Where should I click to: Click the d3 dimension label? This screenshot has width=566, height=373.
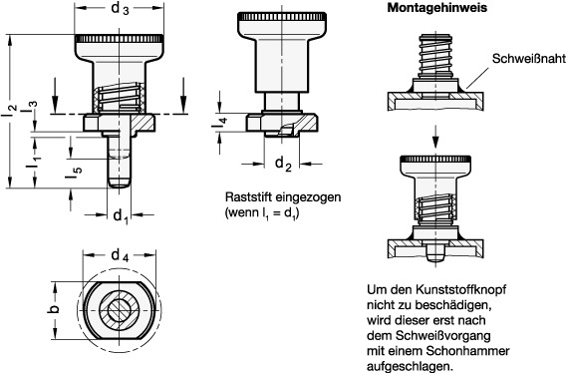[120, 8]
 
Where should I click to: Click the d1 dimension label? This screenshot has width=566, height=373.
[121, 216]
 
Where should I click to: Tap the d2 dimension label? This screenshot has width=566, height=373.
[283, 165]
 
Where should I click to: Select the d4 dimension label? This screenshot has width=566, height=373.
[120, 256]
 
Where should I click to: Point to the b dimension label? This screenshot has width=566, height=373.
[55, 309]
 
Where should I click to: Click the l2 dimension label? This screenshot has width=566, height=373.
[11, 110]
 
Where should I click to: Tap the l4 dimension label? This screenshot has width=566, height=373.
[219, 123]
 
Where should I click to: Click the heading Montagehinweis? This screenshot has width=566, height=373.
[437, 8]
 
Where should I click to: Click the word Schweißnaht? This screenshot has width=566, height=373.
[529, 59]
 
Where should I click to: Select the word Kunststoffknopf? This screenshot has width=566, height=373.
[460, 290]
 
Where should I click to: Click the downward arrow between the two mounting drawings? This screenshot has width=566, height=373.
[435, 137]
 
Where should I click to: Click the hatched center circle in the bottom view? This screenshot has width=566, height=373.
[119, 310]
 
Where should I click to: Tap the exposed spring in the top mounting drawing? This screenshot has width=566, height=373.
[436, 55]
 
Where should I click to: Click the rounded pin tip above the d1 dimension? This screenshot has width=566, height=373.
[120, 184]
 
